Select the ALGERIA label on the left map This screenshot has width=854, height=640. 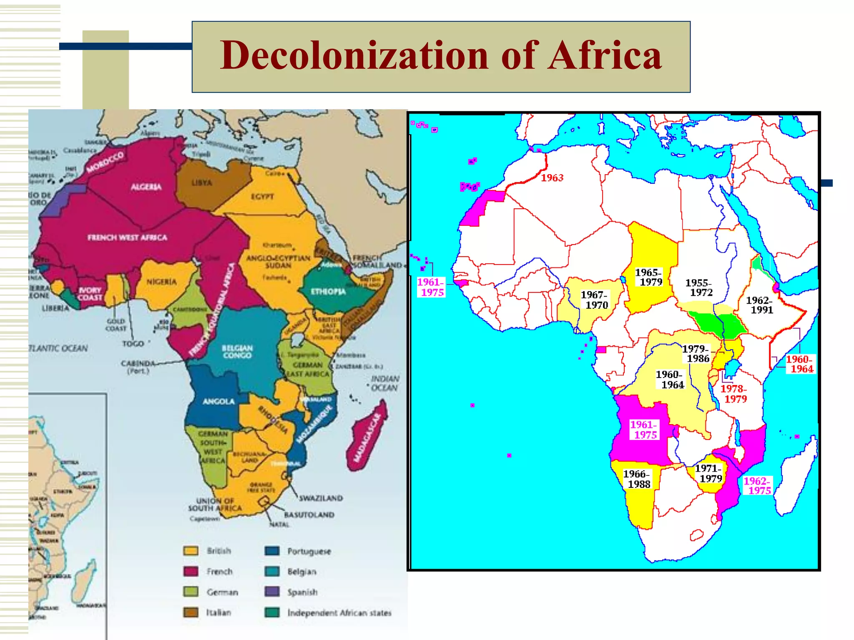click(x=146, y=187)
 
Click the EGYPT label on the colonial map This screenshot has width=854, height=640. click(x=262, y=196)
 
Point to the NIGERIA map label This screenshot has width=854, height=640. click(x=161, y=282)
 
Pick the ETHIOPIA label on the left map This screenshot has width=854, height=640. click(x=328, y=291)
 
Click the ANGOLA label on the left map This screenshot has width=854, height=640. click(x=219, y=401)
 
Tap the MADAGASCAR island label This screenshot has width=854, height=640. click(x=367, y=437)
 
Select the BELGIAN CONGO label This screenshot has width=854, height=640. click(x=237, y=352)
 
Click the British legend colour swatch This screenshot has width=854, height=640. click(x=191, y=551)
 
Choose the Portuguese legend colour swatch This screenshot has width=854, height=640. click(x=272, y=551)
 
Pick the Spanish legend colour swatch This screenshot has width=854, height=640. click(x=272, y=592)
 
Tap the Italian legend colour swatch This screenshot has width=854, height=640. click(x=191, y=612)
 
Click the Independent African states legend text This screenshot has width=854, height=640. click(x=339, y=613)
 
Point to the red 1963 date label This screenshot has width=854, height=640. click(x=552, y=178)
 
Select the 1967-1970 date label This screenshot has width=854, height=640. click(x=595, y=300)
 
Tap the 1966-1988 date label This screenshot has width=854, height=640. click(x=637, y=479)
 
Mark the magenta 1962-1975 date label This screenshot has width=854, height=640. click(x=757, y=486)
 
